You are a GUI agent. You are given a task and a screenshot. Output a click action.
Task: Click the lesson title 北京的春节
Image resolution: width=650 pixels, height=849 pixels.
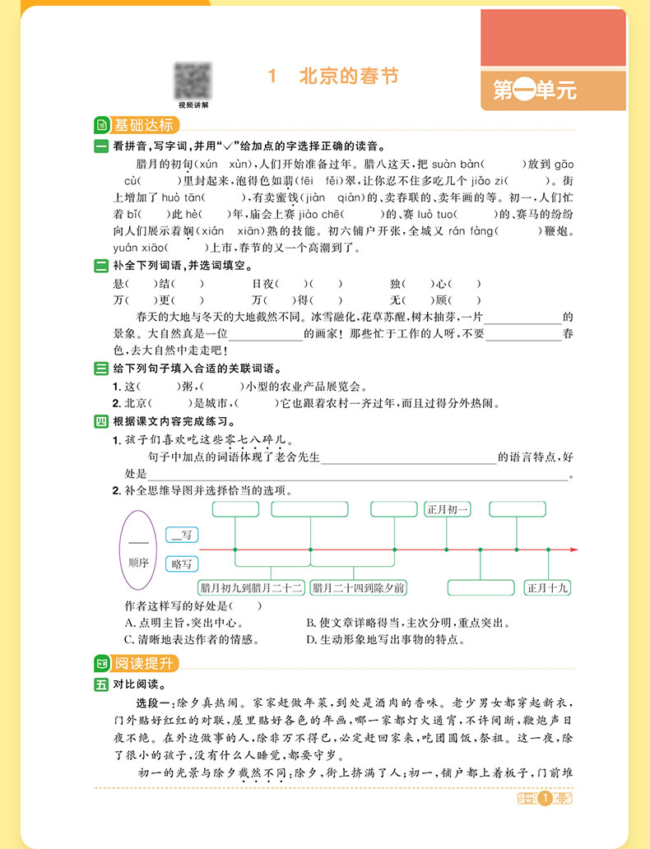click(346, 77)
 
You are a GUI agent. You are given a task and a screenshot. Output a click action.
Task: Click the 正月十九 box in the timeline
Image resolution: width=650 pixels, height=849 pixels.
click(549, 587)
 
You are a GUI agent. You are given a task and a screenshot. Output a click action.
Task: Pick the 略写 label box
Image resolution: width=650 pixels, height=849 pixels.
click(182, 564)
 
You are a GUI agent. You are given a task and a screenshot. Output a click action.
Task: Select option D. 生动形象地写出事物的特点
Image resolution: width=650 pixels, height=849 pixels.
click(385, 638)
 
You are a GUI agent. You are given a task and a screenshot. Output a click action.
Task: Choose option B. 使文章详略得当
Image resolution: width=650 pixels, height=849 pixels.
click(409, 623)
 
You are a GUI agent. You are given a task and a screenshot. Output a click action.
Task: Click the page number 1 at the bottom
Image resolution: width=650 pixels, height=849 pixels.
click(544, 798)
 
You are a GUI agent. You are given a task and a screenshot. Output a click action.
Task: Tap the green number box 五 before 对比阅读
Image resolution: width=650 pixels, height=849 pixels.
click(101, 684)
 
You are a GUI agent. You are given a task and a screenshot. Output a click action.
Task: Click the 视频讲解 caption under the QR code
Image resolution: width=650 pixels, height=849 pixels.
click(193, 105)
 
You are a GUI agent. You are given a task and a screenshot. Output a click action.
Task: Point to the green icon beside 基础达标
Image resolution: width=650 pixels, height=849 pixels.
click(101, 126)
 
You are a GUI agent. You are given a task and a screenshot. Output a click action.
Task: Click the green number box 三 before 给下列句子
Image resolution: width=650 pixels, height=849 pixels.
click(101, 369)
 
